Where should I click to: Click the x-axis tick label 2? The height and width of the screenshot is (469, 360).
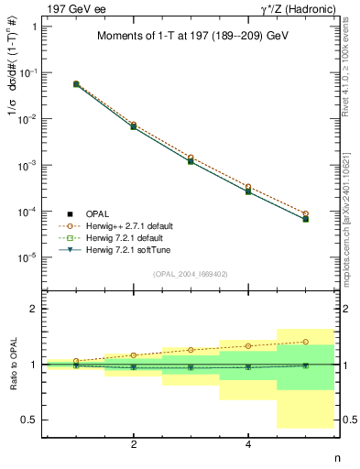pyautogui.click(x=134, y=444)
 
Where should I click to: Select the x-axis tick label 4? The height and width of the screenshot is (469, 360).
pyautogui.click(x=248, y=444)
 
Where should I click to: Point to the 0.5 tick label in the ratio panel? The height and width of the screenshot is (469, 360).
pyautogui.click(x=28, y=420)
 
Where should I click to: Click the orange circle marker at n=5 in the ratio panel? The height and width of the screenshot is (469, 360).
pyautogui.click(x=306, y=342)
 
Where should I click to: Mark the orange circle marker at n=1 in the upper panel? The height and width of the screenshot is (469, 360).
pyautogui.click(x=76, y=83)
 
